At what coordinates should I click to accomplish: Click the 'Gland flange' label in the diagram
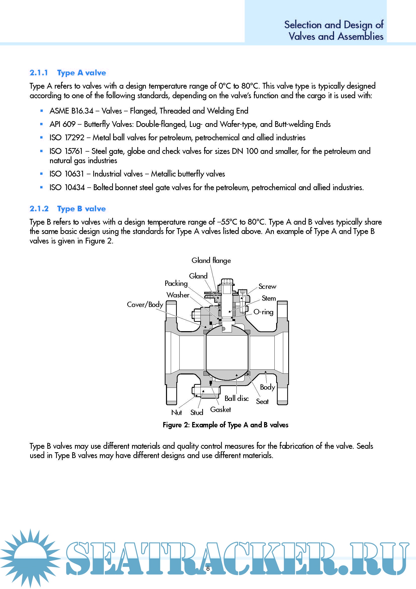211,261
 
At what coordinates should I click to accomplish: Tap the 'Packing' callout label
176,284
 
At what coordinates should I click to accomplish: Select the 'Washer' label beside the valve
178,295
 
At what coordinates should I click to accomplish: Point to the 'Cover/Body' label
145,305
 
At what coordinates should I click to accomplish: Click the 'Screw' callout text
267,287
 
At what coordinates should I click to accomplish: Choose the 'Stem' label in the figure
268,298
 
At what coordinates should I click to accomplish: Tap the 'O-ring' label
263,312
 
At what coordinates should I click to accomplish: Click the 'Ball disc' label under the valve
236,398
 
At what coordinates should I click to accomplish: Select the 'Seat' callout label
262,402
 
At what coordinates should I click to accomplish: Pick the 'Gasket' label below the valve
220,410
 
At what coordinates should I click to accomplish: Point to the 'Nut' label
177,413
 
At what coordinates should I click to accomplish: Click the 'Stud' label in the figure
196,413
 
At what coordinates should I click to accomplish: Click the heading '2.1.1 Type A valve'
68,73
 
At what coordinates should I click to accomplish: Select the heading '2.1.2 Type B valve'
68,209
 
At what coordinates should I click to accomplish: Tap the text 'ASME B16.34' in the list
71,111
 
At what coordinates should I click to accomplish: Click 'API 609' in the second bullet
63,124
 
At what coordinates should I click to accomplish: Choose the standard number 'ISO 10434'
67,188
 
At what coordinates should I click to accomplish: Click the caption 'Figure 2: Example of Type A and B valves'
225,425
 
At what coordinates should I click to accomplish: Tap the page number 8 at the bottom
208,568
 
